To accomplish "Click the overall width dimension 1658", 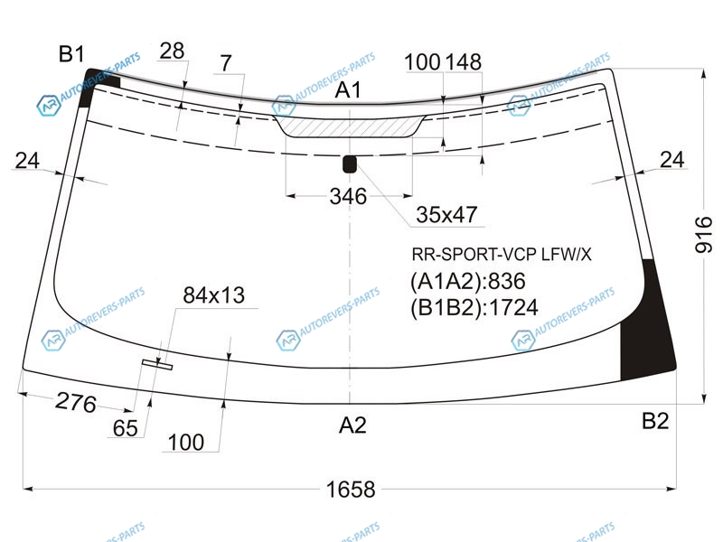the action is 351,489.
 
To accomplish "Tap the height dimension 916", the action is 704,235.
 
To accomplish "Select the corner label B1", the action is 71,54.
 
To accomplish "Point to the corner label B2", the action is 655,421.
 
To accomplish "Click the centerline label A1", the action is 348,89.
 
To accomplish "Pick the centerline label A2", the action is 352,425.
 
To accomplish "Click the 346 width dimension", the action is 348,196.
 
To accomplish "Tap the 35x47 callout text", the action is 446,215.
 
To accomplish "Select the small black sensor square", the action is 350,164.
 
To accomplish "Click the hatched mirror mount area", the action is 349,126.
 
